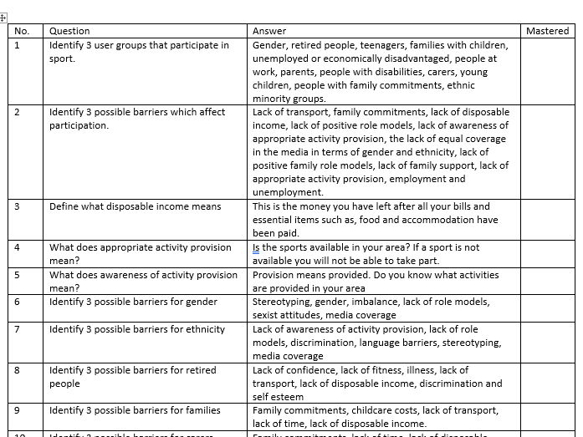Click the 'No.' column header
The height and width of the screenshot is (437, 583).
[23, 31]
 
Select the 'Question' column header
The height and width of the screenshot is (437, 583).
[69, 31]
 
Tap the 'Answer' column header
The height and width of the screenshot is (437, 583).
[269, 31]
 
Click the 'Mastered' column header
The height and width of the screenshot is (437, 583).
[547, 31]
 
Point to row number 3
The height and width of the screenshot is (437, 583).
[18, 206]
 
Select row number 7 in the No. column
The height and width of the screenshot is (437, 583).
[18, 329]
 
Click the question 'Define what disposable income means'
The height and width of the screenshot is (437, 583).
[135, 206]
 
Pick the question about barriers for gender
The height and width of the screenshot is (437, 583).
[133, 302]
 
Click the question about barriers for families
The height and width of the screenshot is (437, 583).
[135, 410]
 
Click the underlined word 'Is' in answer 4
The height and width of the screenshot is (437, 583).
[257, 248]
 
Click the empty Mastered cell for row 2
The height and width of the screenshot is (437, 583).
[547, 150]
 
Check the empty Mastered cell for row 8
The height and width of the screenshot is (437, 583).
[547, 383]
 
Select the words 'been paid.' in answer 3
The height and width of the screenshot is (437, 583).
[275, 233]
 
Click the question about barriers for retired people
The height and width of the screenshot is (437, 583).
[132, 377]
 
